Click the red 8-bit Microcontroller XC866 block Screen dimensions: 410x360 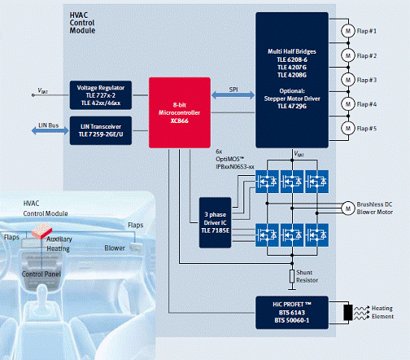point(180,112)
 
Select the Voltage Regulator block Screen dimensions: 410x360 point(101,95)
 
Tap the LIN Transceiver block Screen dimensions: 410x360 point(101,130)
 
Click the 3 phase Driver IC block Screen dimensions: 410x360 point(215,222)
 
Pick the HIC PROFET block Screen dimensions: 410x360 point(292,313)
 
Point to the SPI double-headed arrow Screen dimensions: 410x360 point(233,95)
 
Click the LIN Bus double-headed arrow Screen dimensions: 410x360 point(50,131)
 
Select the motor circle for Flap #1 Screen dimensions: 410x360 point(348,31)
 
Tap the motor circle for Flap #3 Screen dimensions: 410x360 point(348,80)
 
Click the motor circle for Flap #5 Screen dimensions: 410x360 point(348,128)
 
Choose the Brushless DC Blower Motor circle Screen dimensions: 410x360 point(348,209)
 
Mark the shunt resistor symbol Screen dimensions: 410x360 point(292,276)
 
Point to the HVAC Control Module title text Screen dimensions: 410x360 point(82,23)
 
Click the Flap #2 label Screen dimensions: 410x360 point(367,55)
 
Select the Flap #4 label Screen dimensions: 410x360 point(367,104)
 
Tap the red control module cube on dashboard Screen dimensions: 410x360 point(41,231)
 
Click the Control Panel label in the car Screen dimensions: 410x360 point(41,274)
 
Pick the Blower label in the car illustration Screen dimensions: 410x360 point(115,248)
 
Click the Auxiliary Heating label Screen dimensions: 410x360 point(59,244)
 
